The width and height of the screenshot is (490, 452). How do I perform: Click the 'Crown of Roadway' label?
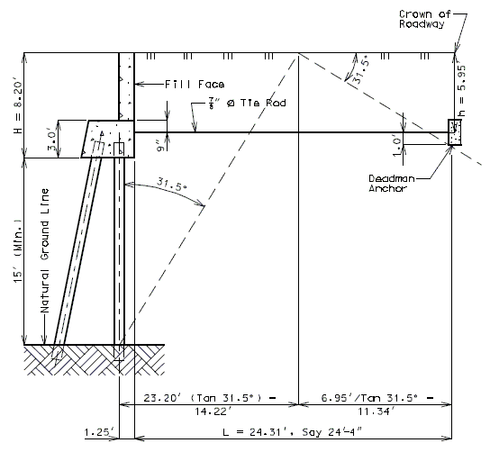pos(425,19)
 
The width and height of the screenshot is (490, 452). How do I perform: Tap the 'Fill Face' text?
pos(195,85)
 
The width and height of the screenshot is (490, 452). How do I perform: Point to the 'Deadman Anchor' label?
pos(392,183)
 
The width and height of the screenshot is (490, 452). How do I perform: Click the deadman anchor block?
pos(455,132)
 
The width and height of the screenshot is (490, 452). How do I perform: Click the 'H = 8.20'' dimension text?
pos(18,108)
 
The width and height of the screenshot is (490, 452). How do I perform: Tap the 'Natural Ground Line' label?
pos(45,250)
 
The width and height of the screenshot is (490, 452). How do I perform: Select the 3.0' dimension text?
pos(52,140)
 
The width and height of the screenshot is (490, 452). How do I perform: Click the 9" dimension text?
pos(161,146)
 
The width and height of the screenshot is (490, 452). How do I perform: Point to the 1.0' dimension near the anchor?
pos(396,147)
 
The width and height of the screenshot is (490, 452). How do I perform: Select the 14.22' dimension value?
pos(213,411)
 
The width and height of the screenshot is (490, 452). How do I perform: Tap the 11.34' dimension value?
pos(377,411)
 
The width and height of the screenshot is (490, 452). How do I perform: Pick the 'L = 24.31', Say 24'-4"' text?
pos(292,432)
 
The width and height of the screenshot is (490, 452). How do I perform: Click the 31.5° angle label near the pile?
pos(171,184)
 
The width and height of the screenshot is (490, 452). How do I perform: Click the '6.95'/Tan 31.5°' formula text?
pos(369,398)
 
